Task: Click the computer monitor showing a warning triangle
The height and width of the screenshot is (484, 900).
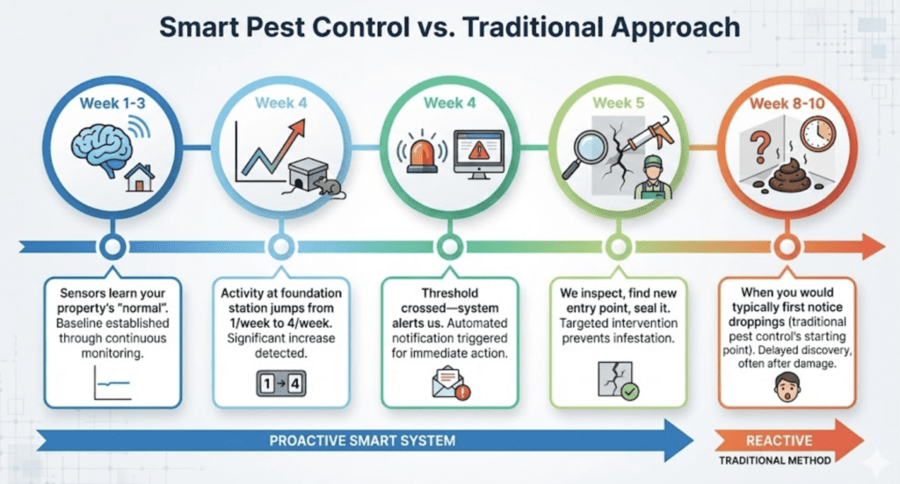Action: [477, 154]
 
